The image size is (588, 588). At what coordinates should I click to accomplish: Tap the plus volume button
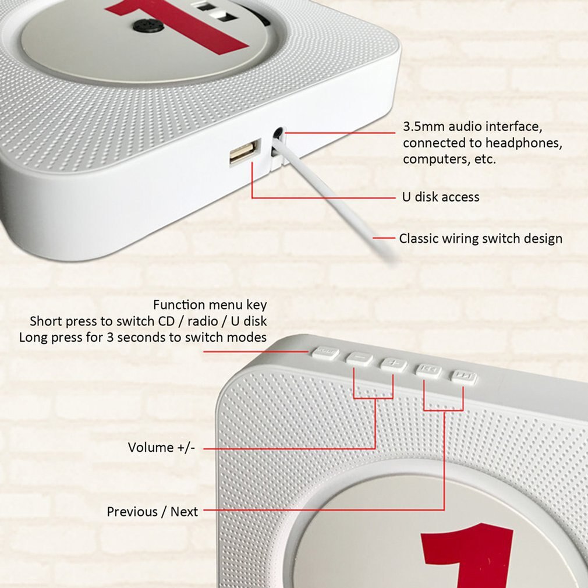pyautogui.click(x=394, y=364)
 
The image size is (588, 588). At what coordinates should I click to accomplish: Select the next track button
pyautogui.click(x=463, y=377)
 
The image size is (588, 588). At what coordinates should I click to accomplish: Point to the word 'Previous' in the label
pyautogui.click(x=132, y=512)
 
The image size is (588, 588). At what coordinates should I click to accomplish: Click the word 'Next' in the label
pyautogui.click(x=184, y=512)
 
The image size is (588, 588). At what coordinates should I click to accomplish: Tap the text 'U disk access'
pyautogui.click(x=441, y=197)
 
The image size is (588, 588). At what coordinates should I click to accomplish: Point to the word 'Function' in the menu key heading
pyautogui.click(x=179, y=304)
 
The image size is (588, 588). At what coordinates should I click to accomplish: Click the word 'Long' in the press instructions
pyautogui.click(x=33, y=337)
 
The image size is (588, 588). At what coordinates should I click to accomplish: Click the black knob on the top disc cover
pyautogui.click(x=141, y=25)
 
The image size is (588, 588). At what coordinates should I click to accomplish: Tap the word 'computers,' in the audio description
pyautogui.click(x=433, y=159)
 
